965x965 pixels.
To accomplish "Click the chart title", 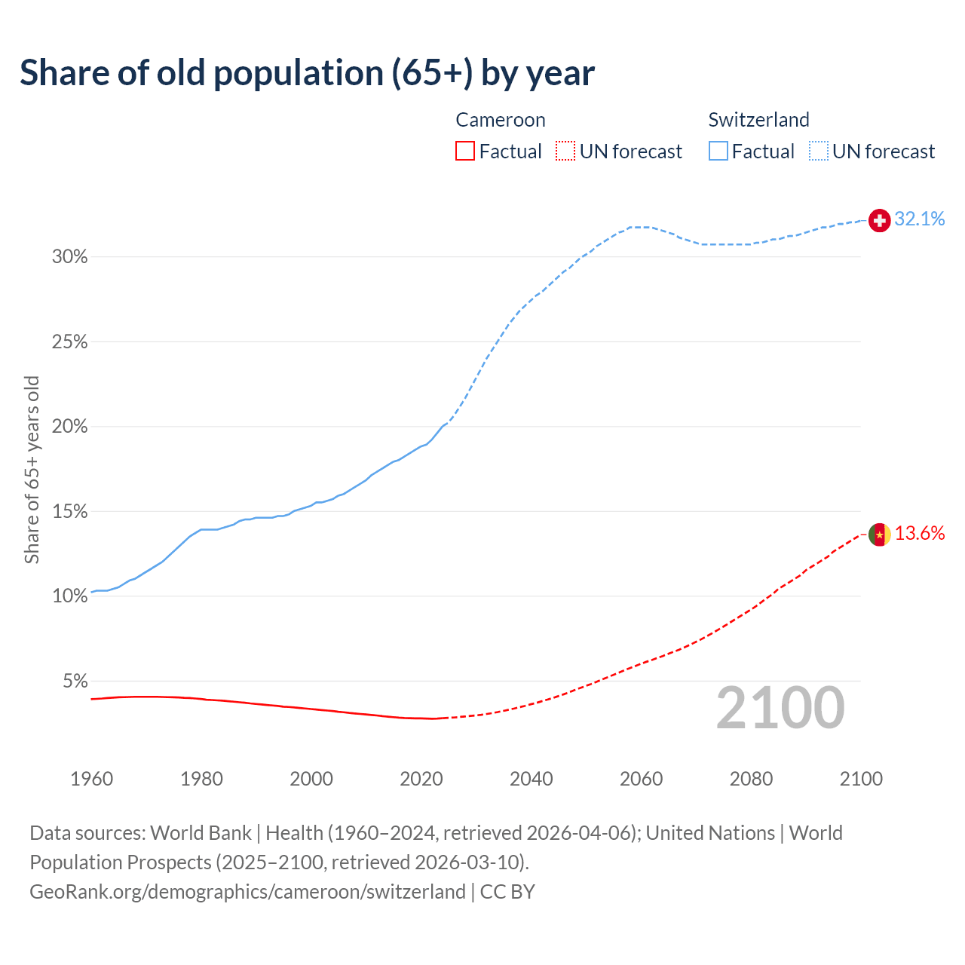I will click(307, 73).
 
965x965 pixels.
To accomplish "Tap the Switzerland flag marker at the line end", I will click(879, 220).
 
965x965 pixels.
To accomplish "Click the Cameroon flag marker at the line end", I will click(879, 535).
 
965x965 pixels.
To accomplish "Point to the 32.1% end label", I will click(919, 219).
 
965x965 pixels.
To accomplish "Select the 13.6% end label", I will click(919, 534).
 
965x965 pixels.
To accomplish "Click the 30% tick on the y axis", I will click(69, 257).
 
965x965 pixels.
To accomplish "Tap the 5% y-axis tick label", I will click(75, 682).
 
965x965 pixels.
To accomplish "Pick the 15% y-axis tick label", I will click(69, 512).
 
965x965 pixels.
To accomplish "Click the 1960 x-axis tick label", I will click(91, 779).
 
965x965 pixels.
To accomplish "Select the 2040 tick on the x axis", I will click(531, 779).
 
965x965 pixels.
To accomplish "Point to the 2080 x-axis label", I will click(751, 779).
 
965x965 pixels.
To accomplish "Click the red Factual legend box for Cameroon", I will click(465, 152).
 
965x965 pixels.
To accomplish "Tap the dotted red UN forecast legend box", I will click(565, 152).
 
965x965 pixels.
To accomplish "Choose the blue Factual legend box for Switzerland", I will click(718, 152).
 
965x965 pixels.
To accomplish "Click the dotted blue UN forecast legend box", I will click(818, 152).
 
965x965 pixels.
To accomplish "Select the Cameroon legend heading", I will click(500, 120).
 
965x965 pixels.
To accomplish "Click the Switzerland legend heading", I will click(758, 120).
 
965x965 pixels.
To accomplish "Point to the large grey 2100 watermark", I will click(780, 708).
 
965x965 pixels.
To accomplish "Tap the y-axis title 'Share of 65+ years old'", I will click(32, 469).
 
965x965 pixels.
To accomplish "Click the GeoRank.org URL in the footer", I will click(247, 892).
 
